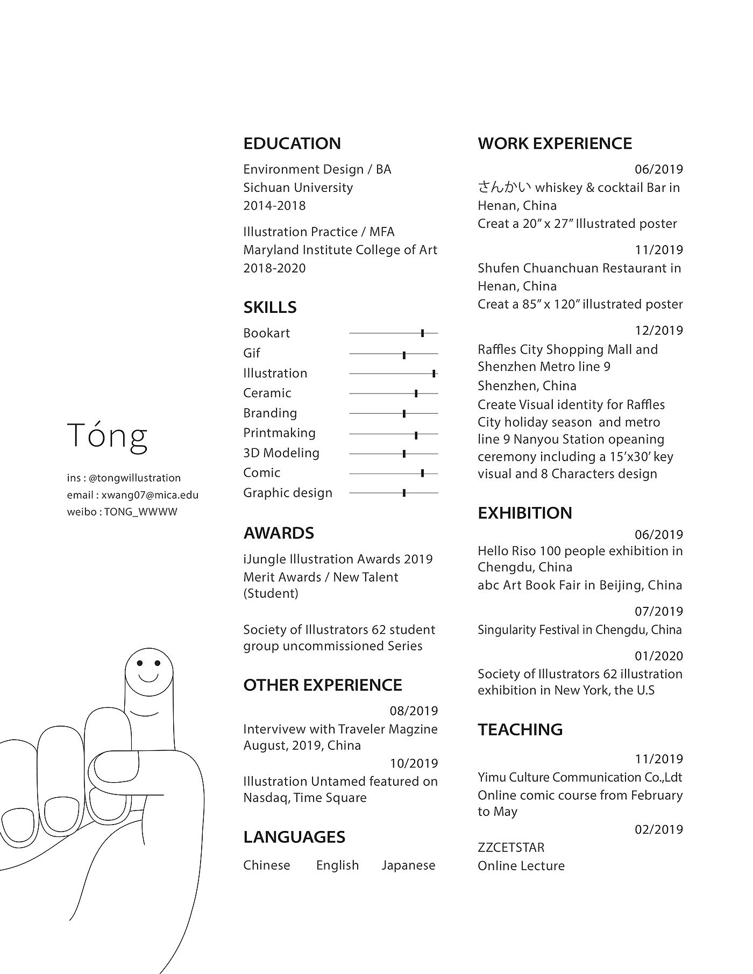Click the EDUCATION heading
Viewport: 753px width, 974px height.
click(292, 144)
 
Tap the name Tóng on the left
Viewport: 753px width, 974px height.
click(108, 436)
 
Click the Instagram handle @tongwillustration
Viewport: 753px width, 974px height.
click(134, 478)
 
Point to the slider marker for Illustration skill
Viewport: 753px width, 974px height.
click(434, 374)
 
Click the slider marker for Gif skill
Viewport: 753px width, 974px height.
click(404, 354)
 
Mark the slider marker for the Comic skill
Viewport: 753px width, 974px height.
click(422, 474)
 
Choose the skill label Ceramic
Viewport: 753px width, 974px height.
click(267, 393)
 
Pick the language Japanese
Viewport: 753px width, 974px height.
click(408, 865)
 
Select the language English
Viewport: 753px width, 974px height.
click(337, 865)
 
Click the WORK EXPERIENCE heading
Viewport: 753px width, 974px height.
click(555, 144)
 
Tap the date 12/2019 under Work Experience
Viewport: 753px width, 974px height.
click(658, 331)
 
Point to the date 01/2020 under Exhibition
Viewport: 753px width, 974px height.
click(658, 656)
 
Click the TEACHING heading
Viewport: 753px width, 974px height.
click(520, 729)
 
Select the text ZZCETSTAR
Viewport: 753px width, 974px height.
click(511, 848)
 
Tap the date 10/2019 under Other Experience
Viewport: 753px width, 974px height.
click(414, 763)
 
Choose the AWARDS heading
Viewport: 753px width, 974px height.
click(279, 533)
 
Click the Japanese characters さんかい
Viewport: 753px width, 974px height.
click(504, 187)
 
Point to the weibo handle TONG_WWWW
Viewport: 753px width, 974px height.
click(140, 512)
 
